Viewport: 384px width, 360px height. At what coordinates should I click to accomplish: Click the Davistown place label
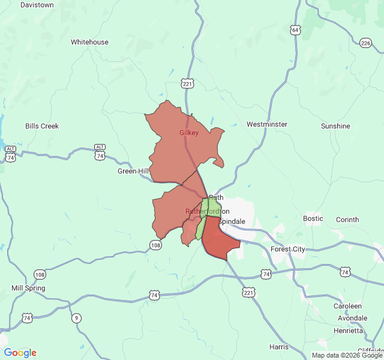pos(37,5)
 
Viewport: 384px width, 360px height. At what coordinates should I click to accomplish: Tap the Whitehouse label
pos(89,42)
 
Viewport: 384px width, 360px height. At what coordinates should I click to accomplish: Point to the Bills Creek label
pos(42,126)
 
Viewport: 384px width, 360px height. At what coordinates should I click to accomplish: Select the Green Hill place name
pos(133,171)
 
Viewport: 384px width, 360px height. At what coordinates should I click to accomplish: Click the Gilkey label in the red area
pos(189,133)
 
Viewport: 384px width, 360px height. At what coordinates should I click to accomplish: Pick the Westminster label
pos(267,124)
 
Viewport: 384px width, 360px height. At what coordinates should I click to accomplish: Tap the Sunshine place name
pos(335,126)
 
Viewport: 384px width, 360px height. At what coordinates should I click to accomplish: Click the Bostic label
pos(313,218)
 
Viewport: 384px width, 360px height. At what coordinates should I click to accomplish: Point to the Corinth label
pos(347,220)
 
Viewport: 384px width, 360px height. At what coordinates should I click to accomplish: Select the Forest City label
pos(288,249)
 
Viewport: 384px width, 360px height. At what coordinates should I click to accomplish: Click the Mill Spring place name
pos(28,288)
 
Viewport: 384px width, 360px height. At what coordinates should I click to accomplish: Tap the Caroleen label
pos(348,306)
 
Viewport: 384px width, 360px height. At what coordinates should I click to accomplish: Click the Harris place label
pos(279,347)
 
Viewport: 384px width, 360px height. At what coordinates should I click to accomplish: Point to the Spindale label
pos(232,221)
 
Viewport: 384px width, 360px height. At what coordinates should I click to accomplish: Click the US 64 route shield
pos(295,29)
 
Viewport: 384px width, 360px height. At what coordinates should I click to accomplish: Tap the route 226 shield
pos(366,43)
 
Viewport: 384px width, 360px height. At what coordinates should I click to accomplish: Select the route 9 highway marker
pos(76,318)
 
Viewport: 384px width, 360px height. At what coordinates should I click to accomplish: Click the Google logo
pos(20,353)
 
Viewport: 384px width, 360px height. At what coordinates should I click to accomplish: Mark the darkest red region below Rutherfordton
pos(218,238)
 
